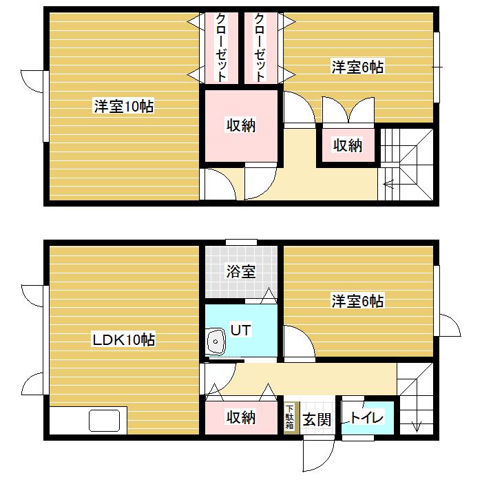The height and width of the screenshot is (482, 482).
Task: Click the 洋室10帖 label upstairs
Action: [x=123, y=107]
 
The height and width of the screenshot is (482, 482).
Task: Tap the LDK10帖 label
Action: [x=123, y=339]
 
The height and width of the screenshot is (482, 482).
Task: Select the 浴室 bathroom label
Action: [x=240, y=271]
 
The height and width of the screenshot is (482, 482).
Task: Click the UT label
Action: [x=240, y=331]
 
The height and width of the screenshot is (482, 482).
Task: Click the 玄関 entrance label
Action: [x=316, y=418]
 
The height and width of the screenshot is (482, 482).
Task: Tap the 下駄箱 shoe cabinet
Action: [x=290, y=417]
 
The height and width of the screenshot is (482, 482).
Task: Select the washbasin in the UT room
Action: [x=216, y=341]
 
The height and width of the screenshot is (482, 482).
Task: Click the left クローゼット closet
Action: [x=221, y=48]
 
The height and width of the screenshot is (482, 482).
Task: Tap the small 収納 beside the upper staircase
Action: [x=348, y=145]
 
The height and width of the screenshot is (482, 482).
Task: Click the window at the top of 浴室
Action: [x=240, y=242]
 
